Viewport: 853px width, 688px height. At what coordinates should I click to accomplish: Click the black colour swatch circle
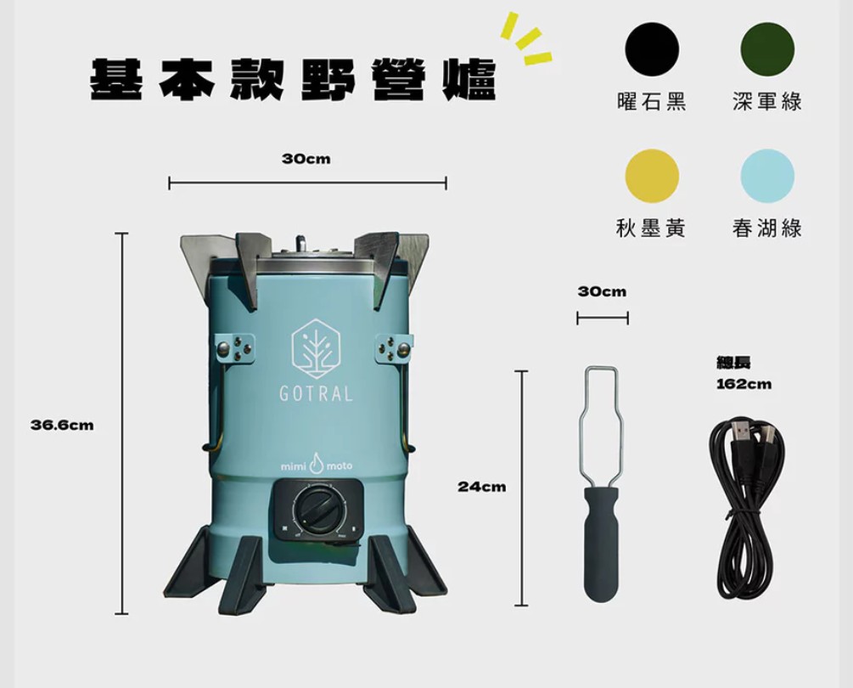coord(652,49)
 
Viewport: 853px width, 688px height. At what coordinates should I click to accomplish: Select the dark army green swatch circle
coord(767,49)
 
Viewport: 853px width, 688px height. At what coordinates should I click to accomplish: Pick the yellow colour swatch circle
coord(652,177)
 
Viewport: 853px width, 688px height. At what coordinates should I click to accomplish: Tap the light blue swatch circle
coord(767,177)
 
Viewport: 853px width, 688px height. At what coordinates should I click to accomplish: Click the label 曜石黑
coord(651,101)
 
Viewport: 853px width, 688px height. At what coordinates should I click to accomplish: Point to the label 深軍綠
coord(767,101)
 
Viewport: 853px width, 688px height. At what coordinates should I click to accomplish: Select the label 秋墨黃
coord(651,228)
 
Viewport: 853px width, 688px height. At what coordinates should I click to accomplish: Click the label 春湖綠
coord(767,228)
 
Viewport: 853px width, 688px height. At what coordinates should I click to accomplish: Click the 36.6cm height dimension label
coord(62,425)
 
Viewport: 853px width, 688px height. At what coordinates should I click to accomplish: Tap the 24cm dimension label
coord(481,487)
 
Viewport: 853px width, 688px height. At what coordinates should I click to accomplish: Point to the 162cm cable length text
coord(744,384)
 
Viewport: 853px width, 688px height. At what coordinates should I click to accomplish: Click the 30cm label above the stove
coord(306,159)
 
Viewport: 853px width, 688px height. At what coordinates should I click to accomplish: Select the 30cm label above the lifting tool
coord(602,291)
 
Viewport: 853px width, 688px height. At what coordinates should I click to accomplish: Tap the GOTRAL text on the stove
coord(316,394)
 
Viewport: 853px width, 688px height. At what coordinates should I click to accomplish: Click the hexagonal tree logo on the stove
coord(316,349)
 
